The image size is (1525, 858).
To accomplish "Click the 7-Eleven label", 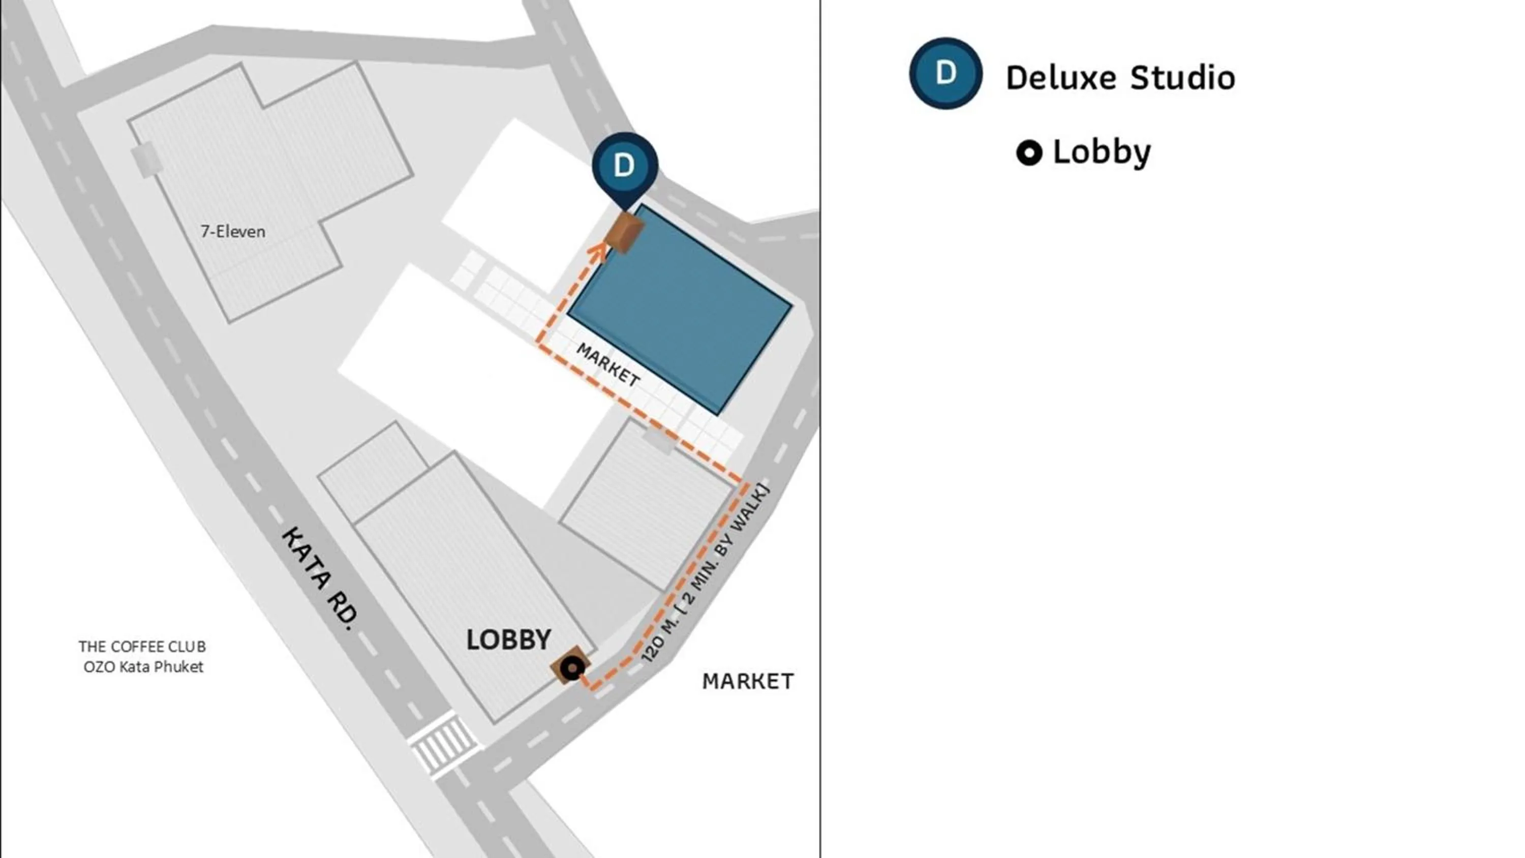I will pos(233,231).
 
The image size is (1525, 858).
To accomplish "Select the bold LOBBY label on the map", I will pos(508,640).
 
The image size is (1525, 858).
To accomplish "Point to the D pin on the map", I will pos(625,166).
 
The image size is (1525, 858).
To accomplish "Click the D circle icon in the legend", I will pos(945,73).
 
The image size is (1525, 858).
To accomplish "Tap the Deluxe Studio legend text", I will pos(1120,78).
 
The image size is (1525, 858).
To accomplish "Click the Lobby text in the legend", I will pos(1102,152).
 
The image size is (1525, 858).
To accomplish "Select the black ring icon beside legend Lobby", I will pos(1029,153).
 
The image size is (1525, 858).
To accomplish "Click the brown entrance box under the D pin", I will pos(625,232).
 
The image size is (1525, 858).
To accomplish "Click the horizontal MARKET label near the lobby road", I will pos(747,682).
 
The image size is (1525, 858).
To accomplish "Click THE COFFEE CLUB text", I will pos(142,647).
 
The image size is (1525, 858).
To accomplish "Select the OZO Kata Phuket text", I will pos(143,667).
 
